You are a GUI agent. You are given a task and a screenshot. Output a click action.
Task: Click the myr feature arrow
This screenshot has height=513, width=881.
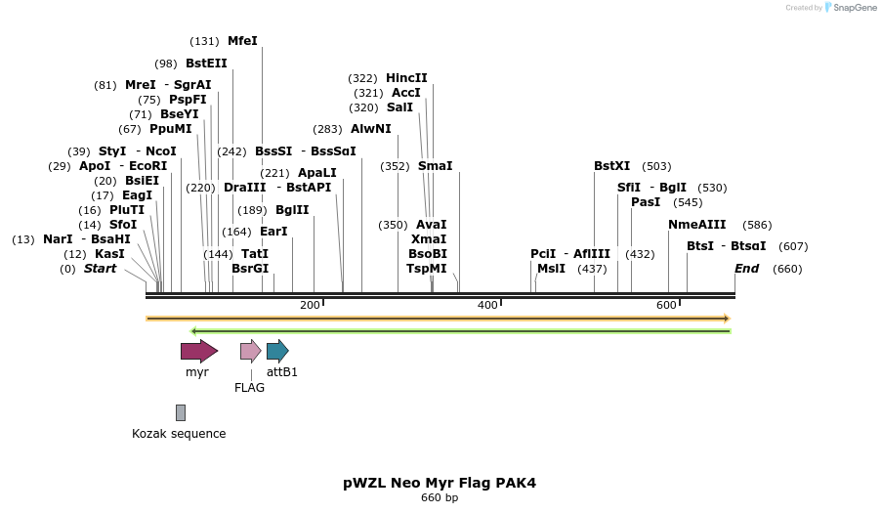point(198,351)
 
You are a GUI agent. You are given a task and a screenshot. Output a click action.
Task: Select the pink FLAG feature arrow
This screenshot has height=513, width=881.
point(250,351)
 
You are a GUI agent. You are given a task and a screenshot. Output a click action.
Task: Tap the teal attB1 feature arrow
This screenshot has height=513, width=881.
point(277,351)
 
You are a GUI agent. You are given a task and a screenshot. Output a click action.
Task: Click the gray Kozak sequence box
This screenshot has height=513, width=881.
point(181,412)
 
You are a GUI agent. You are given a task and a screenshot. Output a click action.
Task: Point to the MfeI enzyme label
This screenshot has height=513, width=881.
point(242,41)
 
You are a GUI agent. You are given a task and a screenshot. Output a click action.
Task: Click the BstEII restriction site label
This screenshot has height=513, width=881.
point(206,64)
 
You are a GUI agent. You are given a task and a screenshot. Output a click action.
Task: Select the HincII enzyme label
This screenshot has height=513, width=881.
point(406,78)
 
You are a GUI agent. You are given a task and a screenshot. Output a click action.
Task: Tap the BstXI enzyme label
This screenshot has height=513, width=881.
point(612,166)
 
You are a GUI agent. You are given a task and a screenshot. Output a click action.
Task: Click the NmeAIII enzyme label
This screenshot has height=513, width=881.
point(697,225)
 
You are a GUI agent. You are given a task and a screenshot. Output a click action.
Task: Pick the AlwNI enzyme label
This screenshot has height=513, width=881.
point(371,129)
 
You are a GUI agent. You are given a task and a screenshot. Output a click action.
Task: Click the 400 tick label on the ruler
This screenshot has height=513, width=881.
point(487,306)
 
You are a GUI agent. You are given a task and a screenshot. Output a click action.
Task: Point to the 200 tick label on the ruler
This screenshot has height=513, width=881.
point(310,306)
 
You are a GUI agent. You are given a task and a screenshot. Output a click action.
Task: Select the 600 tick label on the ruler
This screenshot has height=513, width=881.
point(667,306)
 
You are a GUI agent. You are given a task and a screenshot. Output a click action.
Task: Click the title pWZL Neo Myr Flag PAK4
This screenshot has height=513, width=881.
point(440,483)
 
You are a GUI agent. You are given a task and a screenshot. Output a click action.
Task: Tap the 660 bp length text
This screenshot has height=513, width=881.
point(440,498)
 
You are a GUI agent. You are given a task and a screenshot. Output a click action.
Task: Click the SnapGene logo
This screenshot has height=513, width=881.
point(850,8)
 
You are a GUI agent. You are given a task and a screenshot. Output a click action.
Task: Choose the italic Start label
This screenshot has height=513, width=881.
point(100,269)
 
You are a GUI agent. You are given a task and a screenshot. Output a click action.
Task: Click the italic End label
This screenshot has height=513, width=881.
point(746,269)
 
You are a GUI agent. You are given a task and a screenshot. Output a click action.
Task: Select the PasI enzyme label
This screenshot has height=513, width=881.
point(646,202)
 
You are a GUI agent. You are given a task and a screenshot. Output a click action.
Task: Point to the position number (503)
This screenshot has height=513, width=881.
point(656,166)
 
